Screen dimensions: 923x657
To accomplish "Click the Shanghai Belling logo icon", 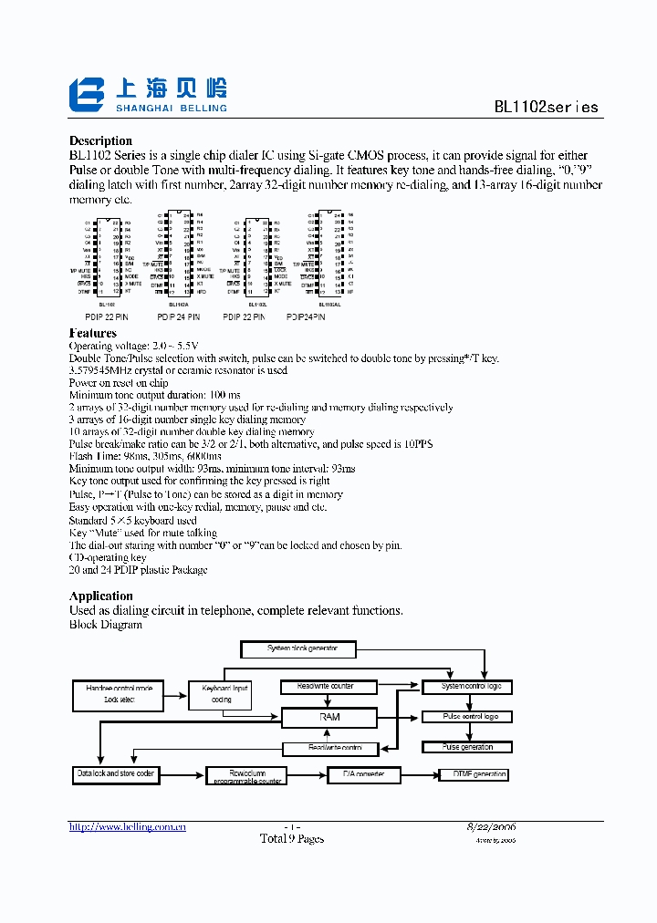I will pyautogui.click(x=89, y=95).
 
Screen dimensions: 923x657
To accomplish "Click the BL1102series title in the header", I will pyautogui.click(x=546, y=107).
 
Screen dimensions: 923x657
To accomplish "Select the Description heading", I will pyautogui.click(x=100, y=140).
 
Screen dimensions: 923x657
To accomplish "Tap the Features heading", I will pyautogui.click(x=93, y=334).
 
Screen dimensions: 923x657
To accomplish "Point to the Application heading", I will pyautogui.click(x=101, y=596).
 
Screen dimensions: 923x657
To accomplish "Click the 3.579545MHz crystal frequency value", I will pyautogui.click(x=108, y=370).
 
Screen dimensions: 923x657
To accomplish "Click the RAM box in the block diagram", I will pyautogui.click(x=329, y=717).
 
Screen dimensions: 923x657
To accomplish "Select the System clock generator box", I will pyautogui.click(x=302, y=648).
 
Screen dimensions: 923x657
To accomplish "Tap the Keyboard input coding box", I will pyautogui.click(x=221, y=694).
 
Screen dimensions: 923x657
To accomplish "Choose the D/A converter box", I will pyautogui.click(x=363, y=774).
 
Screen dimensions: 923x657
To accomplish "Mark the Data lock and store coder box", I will pyautogui.click(x=116, y=774).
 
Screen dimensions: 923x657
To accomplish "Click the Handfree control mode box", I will pyautogui.click(x=119, y=694).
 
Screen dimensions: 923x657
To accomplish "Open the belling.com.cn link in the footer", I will pyautogui.click(x=128, y=826).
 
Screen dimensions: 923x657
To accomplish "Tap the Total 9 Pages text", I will pyautogui.click(x=291, y=838).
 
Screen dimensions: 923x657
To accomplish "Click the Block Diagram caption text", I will pyautogui.click(x=106, y=625).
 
